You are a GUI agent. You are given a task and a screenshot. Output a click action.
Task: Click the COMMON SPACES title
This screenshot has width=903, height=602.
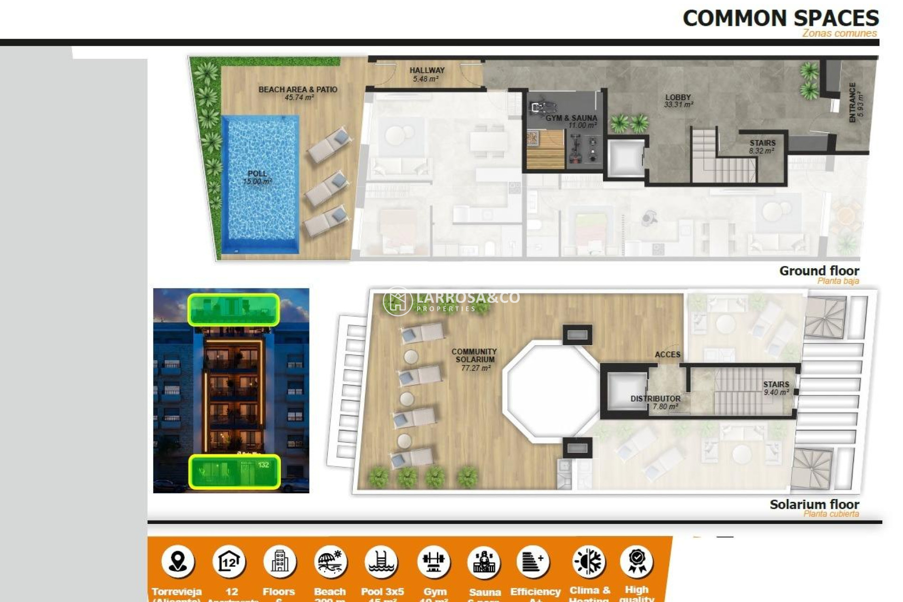click(x=780, y=18)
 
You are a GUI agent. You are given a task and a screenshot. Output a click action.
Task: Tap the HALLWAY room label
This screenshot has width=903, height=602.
click(x=427, y=71)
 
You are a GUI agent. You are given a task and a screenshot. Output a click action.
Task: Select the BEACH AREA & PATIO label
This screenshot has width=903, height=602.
click(x=298, y=89)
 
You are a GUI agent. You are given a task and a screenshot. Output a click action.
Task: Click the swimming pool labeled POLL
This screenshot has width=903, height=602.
click(x=260, y=183)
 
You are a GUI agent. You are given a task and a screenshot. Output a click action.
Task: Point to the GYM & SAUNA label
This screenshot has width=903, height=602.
click(x=571, y=118)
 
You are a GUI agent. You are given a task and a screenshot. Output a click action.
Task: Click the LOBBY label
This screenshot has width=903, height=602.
click(x=678, y=97)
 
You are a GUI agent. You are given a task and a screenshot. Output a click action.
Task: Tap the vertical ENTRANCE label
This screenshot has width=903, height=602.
click(x=853, y=103)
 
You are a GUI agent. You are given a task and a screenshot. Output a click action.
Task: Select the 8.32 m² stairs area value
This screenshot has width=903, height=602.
click(x=761, y=151)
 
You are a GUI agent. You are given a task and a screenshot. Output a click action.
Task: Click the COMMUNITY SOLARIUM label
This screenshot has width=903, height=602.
click(x=474, y=356)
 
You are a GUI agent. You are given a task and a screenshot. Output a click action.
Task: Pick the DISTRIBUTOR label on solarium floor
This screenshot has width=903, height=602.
click(x=655, y=398)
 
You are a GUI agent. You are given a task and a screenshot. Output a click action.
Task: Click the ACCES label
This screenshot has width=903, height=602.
click(x=667, y=355)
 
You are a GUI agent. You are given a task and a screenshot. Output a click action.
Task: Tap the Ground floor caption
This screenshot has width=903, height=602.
click(x=819, y=271)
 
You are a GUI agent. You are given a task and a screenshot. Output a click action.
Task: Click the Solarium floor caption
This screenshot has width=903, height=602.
click(x=814, y=505)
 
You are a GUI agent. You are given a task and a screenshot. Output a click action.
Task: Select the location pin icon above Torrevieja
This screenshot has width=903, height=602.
click(x=178, y=561)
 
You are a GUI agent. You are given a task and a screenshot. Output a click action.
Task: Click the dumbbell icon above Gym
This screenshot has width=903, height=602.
click(x=434, y=561)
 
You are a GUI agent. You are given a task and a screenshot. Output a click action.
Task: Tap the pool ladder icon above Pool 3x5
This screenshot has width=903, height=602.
click(x=381, y=561)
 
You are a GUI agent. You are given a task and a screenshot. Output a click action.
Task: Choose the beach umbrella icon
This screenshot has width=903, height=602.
click(x=330, y=561)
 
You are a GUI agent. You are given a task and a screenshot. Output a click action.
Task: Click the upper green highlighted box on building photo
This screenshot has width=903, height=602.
click(x=234, y=309)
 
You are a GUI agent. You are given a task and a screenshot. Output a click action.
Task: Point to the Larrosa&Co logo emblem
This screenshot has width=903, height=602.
click(x=397, y=301)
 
